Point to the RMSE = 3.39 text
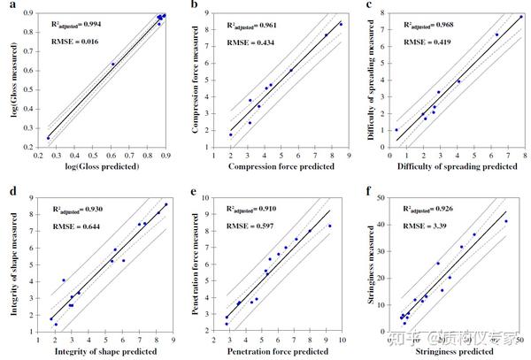(x=426, y=225)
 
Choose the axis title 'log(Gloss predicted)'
(x=102, y=165)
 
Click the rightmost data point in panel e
(x=330, y=226)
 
